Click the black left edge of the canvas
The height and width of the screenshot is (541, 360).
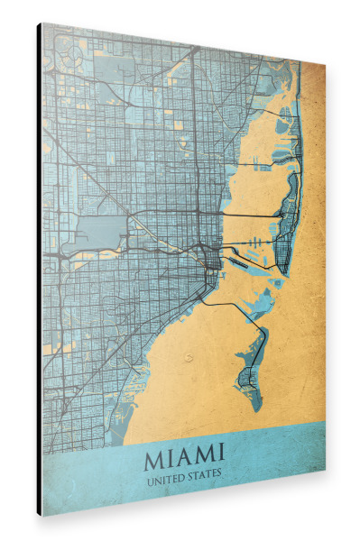(x=40, y=270)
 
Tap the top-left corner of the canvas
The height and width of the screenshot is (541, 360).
(x=42, y=23)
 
